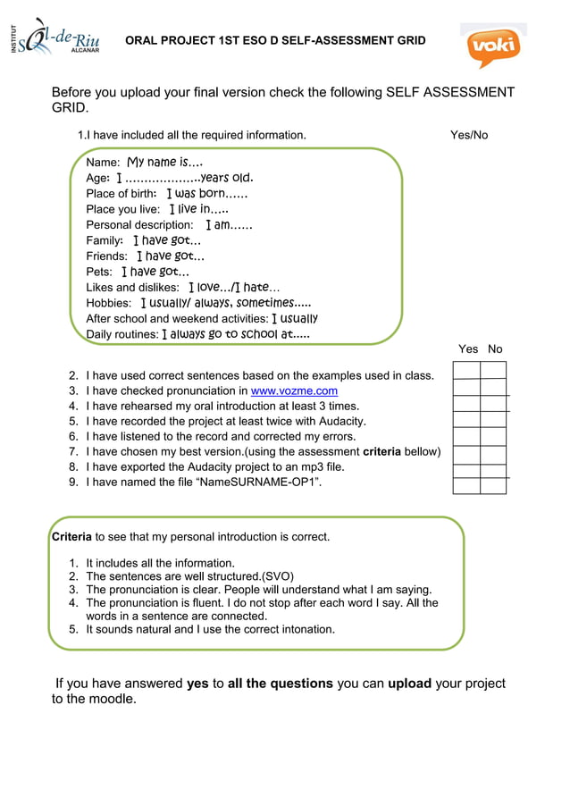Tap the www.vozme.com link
point(294,390)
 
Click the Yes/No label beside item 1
point(469,135)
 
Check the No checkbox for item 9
point(493,485)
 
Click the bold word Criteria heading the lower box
point(71,537)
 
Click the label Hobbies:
point(108,303)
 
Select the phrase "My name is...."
point(164,163)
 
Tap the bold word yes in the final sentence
point(197,684)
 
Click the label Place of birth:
point(122,194)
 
